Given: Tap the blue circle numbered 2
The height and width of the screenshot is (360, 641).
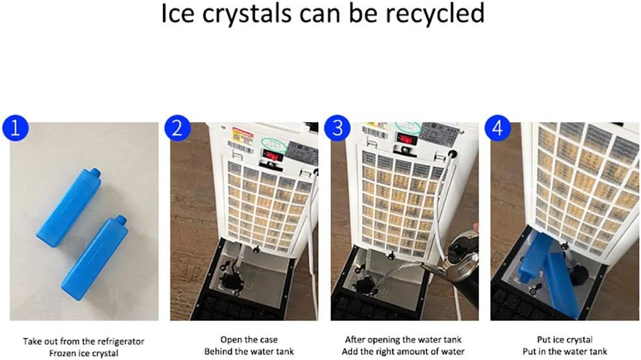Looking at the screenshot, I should [176, 128].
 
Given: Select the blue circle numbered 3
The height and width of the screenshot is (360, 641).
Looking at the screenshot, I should [337, 128].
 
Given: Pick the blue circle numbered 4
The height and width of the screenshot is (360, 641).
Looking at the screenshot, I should [497, 128].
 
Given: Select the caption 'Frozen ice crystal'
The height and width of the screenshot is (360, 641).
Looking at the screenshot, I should [83, 352].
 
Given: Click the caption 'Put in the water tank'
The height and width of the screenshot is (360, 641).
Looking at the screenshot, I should [564, 352].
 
